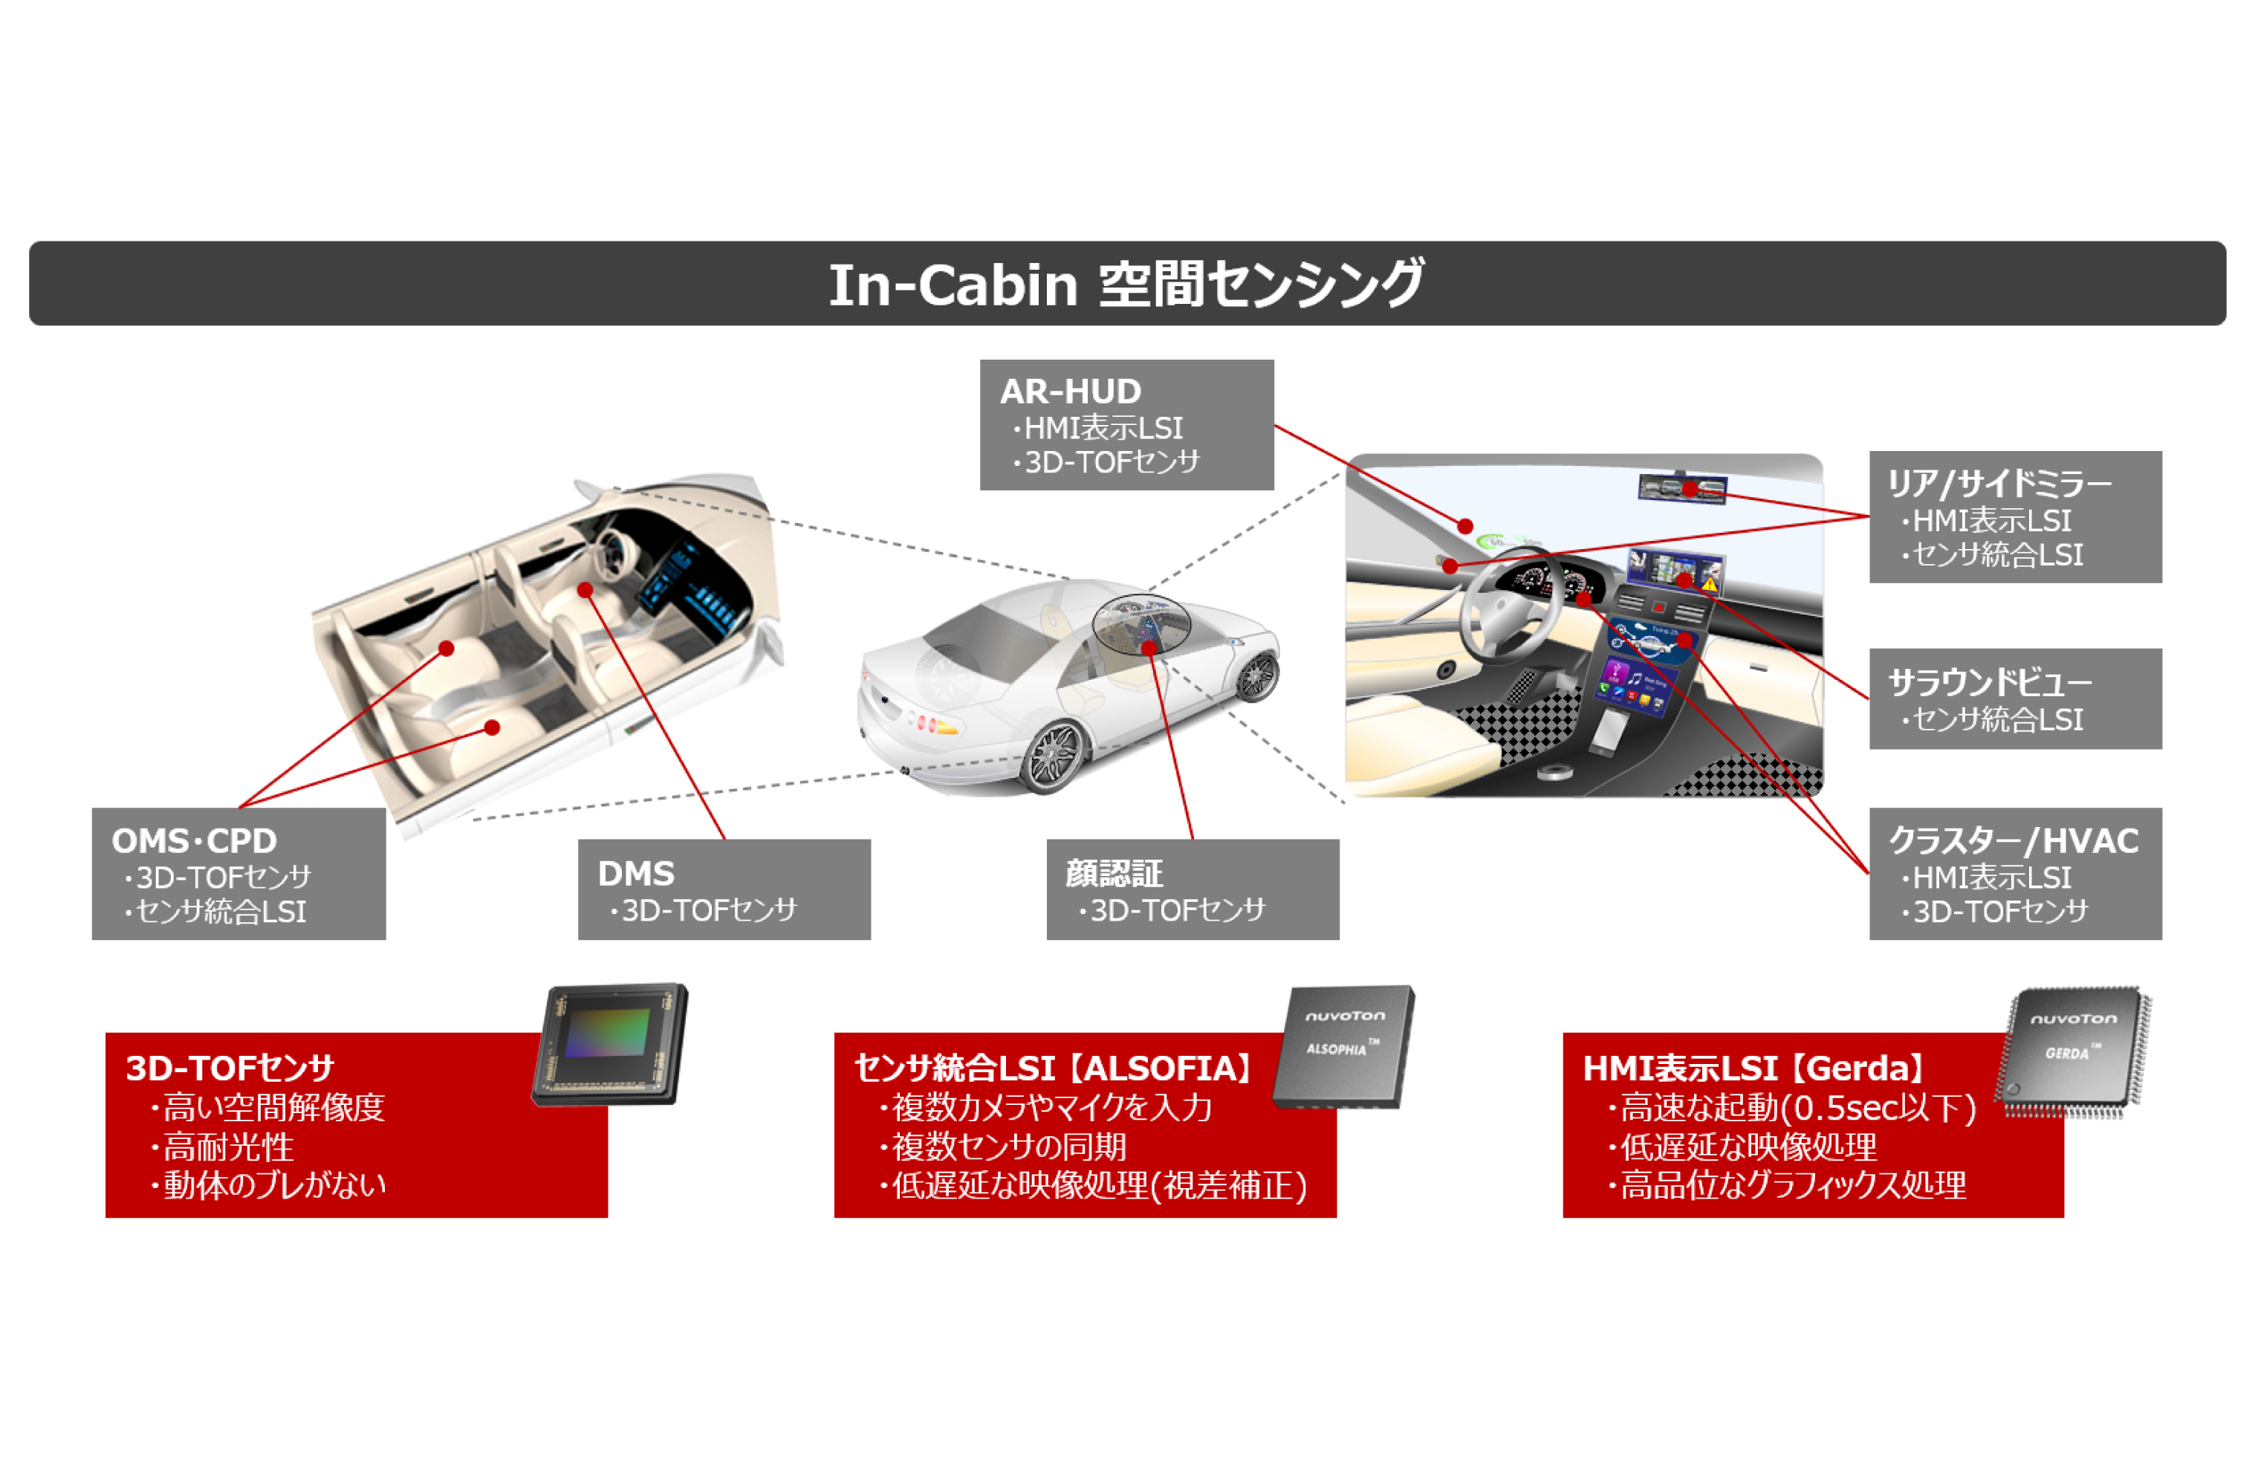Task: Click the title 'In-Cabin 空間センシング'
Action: click(1126, 285)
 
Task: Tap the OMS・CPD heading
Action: click(194, 840)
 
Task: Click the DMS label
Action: click(636, 873)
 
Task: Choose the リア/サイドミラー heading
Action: click(1999, 483)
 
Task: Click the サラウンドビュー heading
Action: click(1990, 681)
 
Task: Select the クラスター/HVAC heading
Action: click(2014, 840)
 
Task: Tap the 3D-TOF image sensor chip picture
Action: click(611, 1043)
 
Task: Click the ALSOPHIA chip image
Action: click(1343, 1046)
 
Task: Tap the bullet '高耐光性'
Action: click(227, 1146)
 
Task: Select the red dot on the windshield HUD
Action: click(1464, 526)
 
